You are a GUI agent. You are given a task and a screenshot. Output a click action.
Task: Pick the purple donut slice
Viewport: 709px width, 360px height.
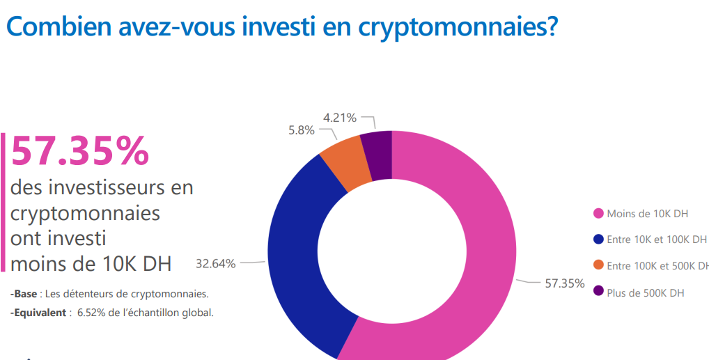(377, 155)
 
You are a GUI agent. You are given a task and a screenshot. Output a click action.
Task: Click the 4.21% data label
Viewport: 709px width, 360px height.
(340, 118)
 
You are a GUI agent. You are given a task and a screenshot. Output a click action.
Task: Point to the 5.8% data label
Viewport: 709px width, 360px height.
(301, 130)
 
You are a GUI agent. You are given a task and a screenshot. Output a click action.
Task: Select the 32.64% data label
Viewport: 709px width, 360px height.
(215, 263)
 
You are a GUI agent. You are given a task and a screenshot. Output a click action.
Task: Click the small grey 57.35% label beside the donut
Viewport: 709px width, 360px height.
(564, 283)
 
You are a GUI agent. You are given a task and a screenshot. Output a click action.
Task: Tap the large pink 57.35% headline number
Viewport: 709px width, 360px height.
(80, 151)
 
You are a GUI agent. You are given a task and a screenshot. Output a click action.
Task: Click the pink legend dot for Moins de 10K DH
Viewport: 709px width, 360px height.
(598, 213)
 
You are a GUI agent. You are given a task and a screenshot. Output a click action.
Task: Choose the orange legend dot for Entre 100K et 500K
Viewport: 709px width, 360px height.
(598, 265)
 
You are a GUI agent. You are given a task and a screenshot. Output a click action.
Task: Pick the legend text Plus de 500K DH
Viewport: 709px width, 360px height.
(646, 292)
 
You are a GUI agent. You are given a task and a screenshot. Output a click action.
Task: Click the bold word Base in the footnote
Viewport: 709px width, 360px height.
(26, 294)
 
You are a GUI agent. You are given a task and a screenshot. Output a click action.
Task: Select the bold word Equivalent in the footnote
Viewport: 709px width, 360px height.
(39, 313)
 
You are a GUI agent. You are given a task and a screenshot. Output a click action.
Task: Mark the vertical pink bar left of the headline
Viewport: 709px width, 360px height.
(3, 202)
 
